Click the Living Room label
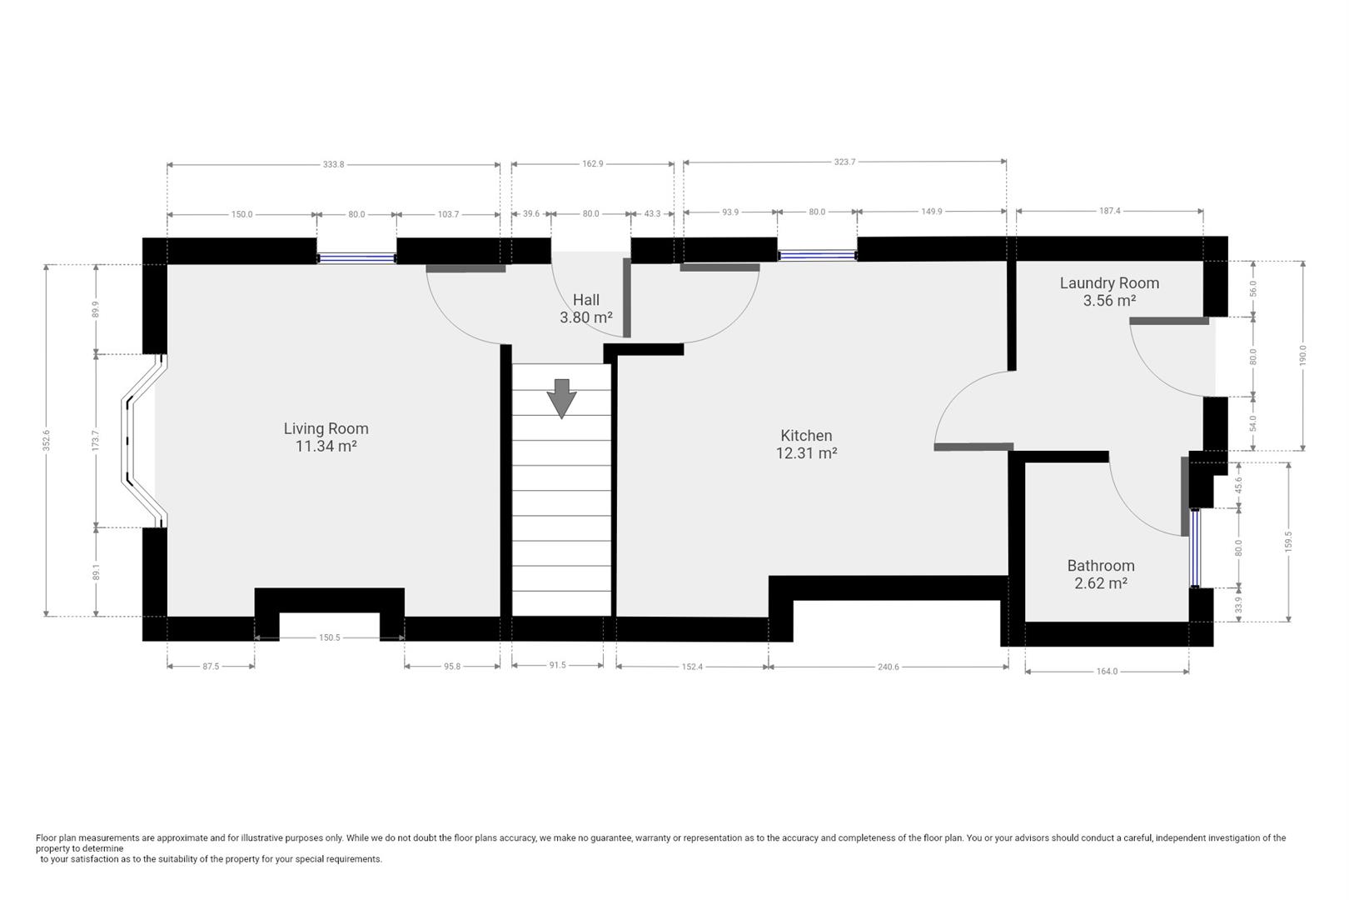coord(326,437)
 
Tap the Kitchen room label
coord(806,444)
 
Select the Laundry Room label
coord(1109,292)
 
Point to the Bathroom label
coord(1101,574)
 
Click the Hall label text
coord(586,308)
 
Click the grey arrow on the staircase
coord(562,398)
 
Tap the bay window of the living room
coord(144,442)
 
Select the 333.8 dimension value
coord(333,164)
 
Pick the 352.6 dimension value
coord(47,441)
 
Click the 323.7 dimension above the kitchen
coord(844,162)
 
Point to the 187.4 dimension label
coord(1109,211)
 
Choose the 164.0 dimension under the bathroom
coord(1107,672)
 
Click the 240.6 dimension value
coord(889,667)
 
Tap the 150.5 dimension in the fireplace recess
coord(330,637)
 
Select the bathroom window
coord(1195,548)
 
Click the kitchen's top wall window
coord(817,256)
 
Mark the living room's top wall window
coord(356,258)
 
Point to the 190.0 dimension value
coord(1303,356)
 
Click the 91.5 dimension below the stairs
coord(558,666)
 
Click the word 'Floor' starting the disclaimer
coord(47,837)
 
